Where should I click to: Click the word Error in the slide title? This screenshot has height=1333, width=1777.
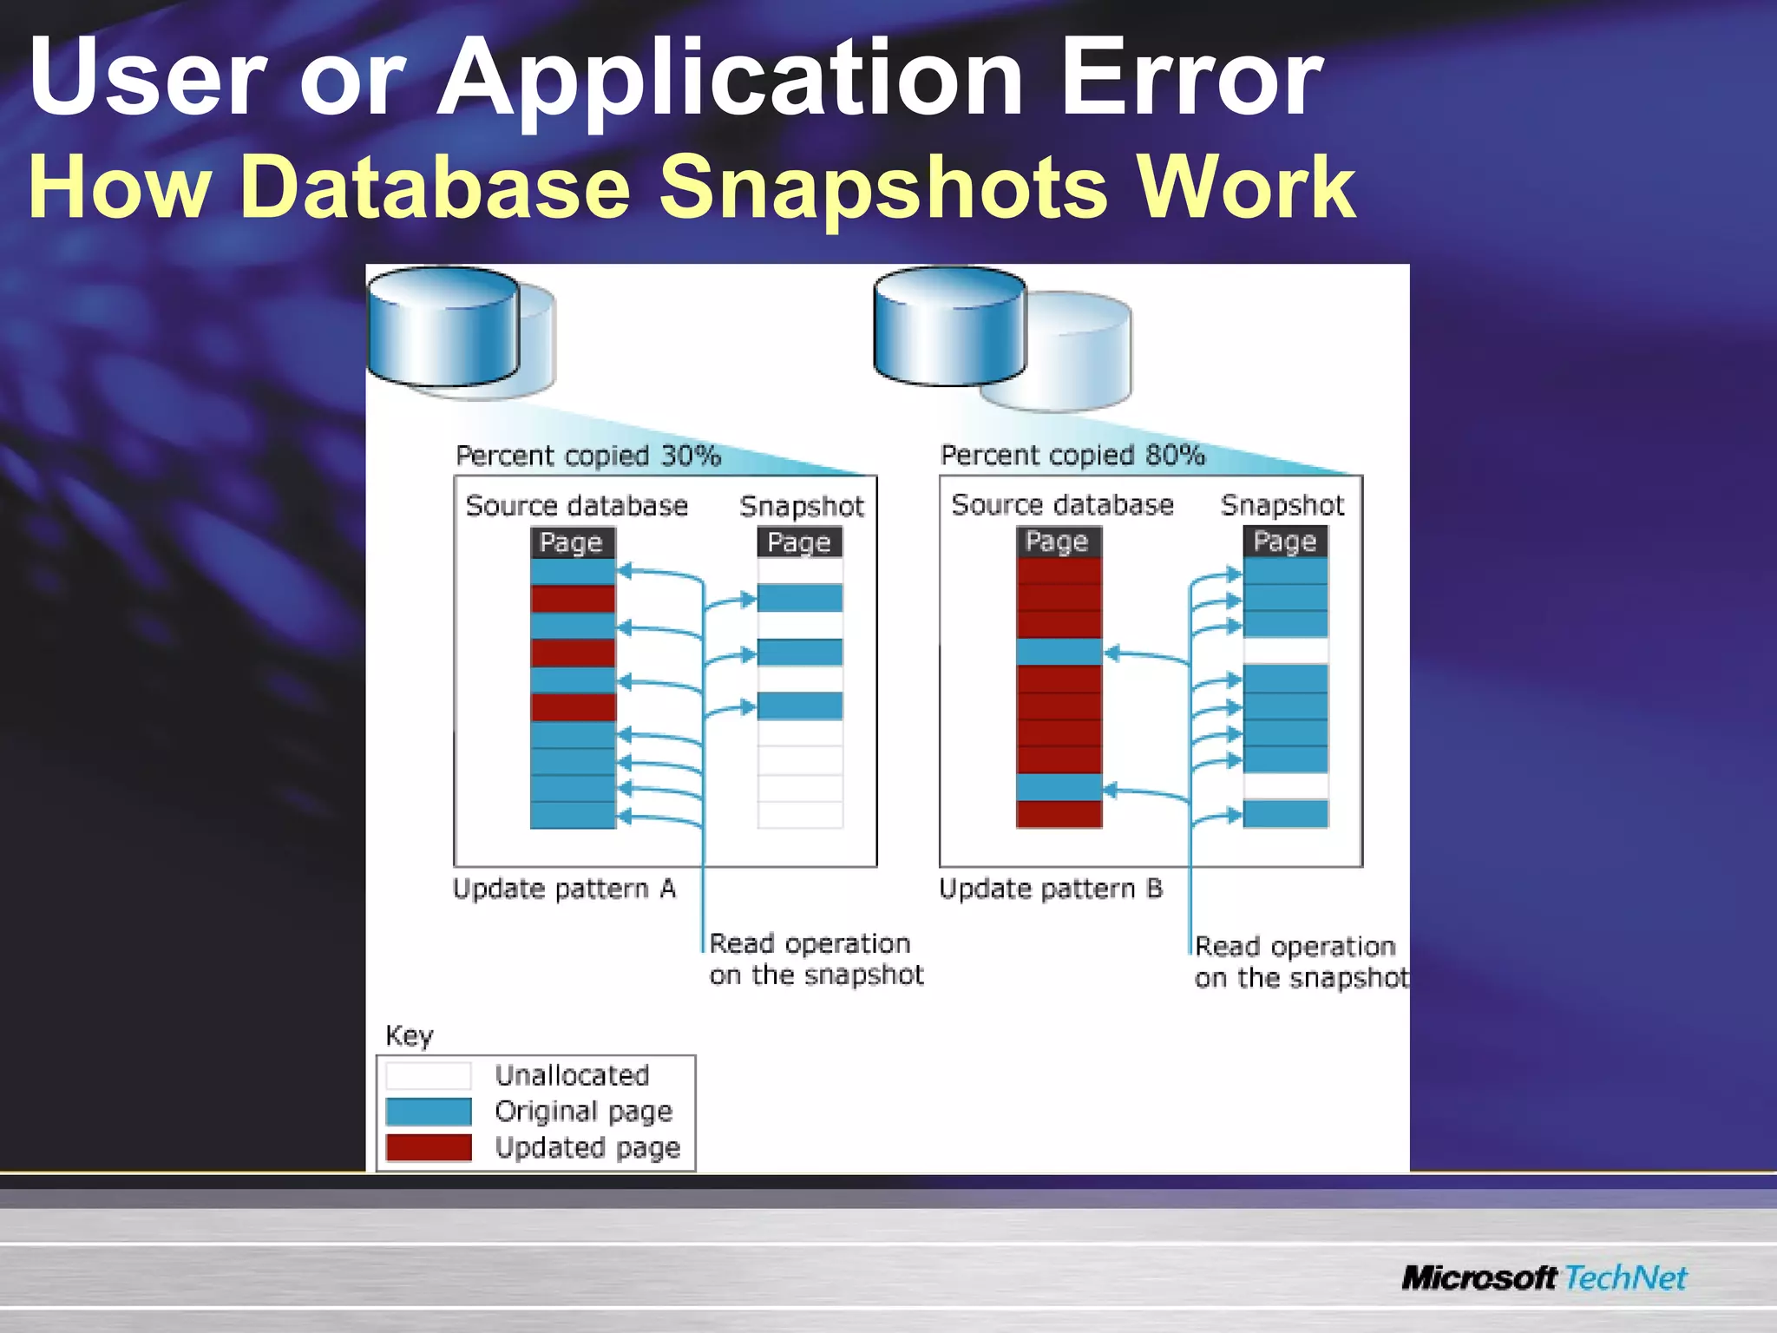1190,78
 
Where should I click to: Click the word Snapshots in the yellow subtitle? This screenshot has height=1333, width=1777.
882,187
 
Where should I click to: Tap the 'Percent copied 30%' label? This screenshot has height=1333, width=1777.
588,456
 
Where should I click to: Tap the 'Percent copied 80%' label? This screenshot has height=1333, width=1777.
1072,455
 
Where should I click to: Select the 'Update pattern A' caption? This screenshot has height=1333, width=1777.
564,889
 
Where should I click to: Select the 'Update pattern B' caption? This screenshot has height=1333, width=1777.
1050,889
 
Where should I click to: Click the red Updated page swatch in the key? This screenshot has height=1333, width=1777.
429,1147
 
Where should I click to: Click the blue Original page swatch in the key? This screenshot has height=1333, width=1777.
429,1112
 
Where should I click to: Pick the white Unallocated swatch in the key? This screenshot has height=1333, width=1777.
429,1076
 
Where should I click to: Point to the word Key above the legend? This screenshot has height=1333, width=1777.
409,1035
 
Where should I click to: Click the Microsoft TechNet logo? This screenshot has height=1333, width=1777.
1544,1277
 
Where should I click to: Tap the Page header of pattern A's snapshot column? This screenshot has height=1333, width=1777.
799,542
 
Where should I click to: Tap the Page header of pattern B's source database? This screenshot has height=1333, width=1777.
1058,542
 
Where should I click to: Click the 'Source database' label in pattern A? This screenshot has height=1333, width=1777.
576,506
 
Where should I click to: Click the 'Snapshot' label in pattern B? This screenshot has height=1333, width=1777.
1282,505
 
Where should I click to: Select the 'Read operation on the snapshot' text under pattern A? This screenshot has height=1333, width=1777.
816,959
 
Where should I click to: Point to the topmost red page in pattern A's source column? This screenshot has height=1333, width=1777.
573,599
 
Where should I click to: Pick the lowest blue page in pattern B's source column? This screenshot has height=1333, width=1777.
1059,787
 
